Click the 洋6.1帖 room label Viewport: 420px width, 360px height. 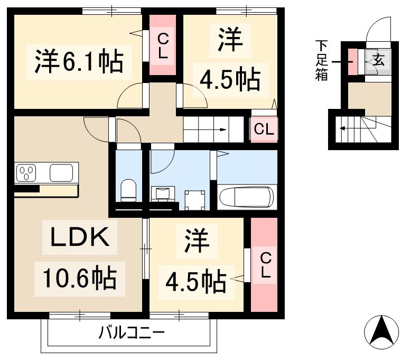point(80,62)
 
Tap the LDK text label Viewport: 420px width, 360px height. point(80,238)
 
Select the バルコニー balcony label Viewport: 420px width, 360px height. point(132,333)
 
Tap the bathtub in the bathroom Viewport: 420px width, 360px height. point(246,197)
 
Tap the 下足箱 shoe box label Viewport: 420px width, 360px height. point(322,60)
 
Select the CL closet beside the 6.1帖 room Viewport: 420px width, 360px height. point(163,45)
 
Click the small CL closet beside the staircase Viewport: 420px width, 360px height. point(264,129)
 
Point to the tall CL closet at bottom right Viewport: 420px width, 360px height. point(264,264)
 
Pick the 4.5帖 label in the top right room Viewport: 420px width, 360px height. point(230,80)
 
